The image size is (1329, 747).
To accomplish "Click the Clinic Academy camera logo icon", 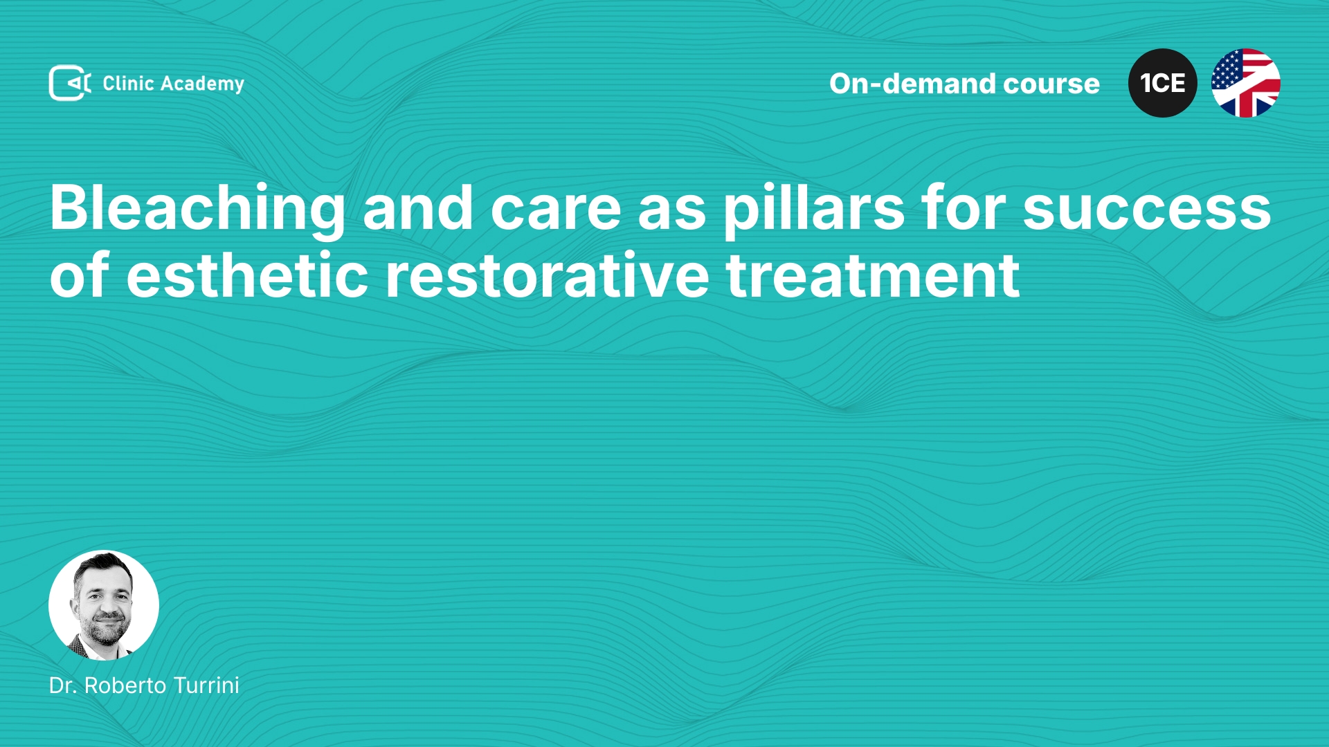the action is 70,83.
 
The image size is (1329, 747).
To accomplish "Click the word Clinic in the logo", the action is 128,83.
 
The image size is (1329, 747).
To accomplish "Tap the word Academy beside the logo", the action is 202,84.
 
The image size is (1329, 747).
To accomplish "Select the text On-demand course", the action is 964,84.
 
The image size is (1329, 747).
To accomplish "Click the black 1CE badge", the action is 1163,83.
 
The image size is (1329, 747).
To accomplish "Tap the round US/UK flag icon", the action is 1246,83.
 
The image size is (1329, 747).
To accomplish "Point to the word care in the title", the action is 556,210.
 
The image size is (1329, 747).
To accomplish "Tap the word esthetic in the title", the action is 247,276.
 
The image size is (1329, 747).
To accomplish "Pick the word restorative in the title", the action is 547,276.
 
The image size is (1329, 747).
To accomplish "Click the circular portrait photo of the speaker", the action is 104,605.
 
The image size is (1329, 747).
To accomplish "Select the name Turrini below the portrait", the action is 206,685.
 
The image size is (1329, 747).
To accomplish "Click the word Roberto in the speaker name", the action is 125,685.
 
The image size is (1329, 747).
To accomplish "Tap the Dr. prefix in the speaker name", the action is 63,685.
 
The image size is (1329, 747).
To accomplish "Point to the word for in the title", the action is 964,208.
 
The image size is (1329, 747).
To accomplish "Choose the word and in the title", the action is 418,208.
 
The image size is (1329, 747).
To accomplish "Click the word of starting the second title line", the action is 80,275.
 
